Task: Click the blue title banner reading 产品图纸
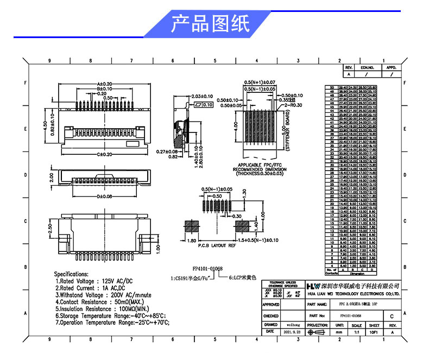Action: (210, 24)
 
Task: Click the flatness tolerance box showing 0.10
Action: (204, 104)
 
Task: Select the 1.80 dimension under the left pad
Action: (192, 240)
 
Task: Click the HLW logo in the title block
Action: (313, 285)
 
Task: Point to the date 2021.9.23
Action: (288, 331)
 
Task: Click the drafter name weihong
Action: (288, 325)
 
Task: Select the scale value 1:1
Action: (357, 331)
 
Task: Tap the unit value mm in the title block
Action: (338, 331)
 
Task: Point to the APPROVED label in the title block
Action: (271, 305)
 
